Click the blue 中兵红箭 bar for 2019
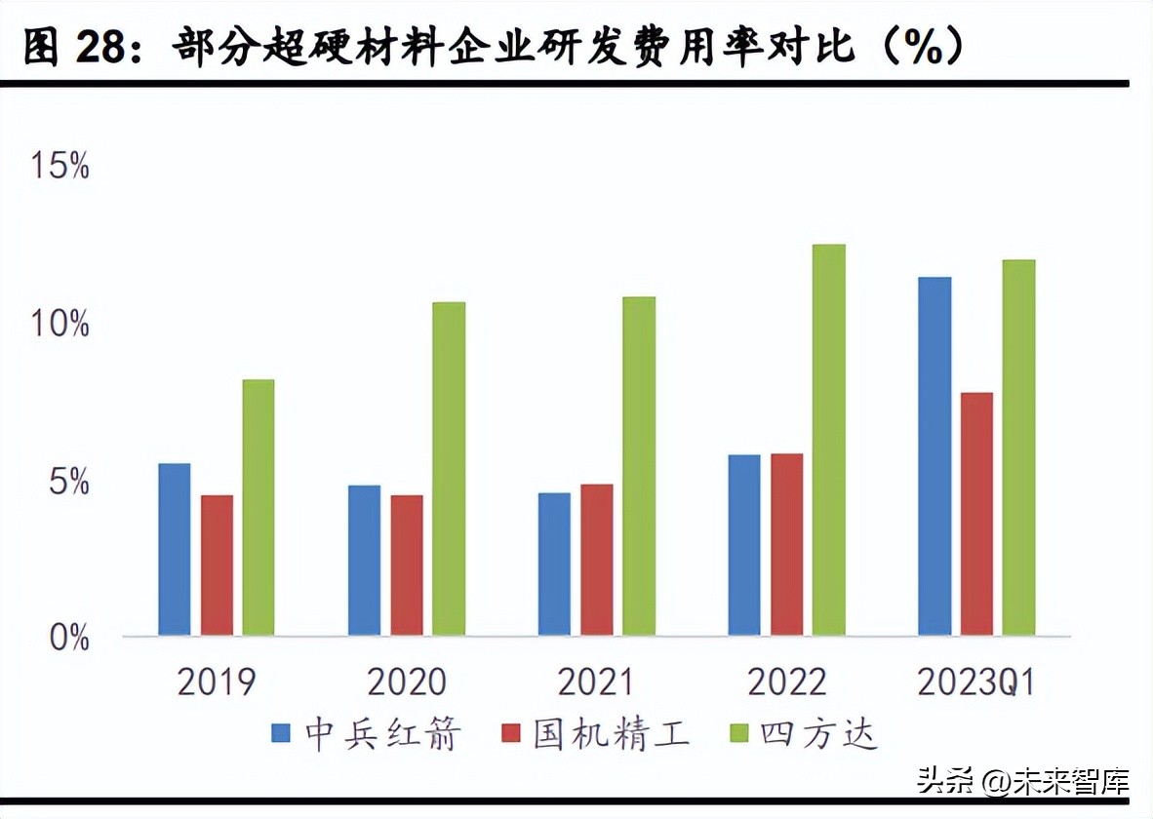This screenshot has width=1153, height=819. tap(175, 550)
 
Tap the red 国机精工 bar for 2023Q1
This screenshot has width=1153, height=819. tap(976, 515)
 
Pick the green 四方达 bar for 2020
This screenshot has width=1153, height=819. tap(449, 469)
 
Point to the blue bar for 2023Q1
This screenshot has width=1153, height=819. tap(934, 457)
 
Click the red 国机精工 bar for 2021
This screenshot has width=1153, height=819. tap(597, 561)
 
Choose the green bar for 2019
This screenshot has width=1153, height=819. tap(258, 508)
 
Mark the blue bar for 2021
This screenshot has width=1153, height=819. tap(554, 565)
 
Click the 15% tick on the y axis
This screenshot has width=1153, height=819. tap(60, 167)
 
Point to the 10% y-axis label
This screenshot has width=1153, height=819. tap(60, 325)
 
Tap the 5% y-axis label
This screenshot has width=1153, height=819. tap(68, 483)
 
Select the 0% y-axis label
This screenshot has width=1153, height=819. tap(68, 639)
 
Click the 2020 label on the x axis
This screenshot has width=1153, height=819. tap(406, 682)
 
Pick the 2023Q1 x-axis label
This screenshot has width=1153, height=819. tap(975, 682)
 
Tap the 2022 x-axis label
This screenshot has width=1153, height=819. tap(786, 682)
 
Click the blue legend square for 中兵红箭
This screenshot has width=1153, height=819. tap(281, 734)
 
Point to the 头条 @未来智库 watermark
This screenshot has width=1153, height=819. tap(1022, 781)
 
